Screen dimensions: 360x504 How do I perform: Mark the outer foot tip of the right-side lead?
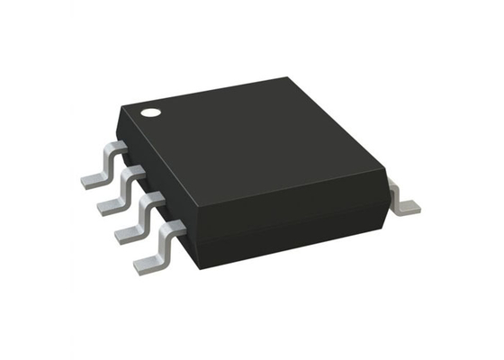[412, 210]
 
